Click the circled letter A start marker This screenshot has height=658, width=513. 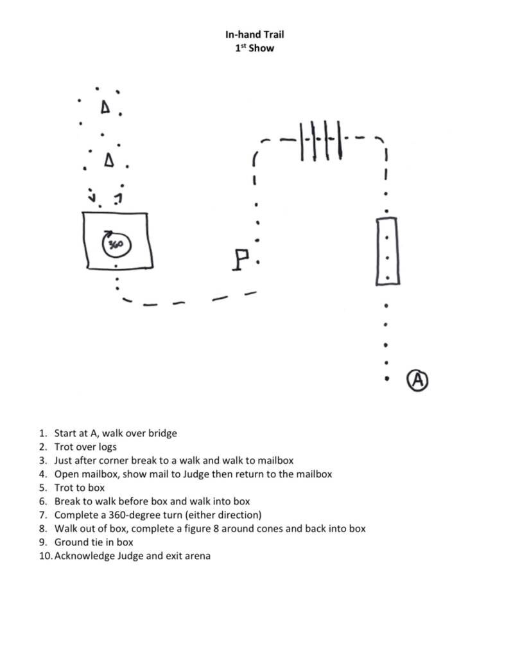coord(417,380)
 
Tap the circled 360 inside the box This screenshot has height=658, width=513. coord(116,244)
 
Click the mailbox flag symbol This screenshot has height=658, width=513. coord(241,260)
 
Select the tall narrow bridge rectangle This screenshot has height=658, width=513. coord(387,251)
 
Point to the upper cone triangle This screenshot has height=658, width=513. coord(105,108)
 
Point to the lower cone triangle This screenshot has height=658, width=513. coord(109,159)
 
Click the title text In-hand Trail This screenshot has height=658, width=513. coord(254,35)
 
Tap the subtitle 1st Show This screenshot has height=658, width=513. coord(254,48)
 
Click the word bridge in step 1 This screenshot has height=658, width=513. coord(162,433)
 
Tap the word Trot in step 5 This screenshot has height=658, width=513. coord(64,488)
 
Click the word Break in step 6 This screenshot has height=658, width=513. coord(68,501)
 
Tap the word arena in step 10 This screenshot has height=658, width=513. coord(197,556)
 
